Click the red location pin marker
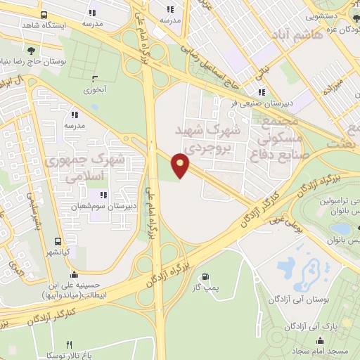(181, 164)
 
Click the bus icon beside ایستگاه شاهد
(45, 14)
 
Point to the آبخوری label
(96, 89)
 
